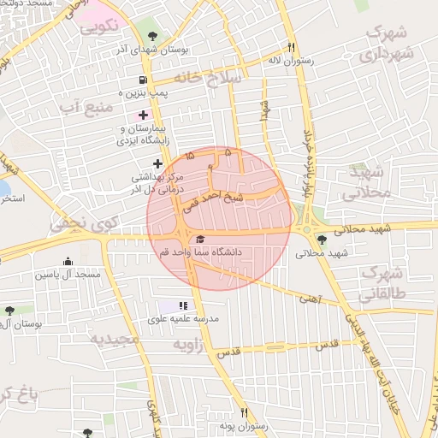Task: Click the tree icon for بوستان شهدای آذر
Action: pos(152,37)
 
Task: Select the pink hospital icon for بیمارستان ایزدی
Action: pos(143,114)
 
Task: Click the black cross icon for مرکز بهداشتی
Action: pos(157,163)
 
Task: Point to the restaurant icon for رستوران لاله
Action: pos(292,48)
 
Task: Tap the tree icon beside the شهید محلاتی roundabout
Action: pos(321,240)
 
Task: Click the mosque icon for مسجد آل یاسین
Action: pos(68,262)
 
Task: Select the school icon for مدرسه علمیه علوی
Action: pos(182,305)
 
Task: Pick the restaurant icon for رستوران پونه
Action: pos(244,412)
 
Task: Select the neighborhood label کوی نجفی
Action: pos(76,224)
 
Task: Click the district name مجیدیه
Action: pos(115,339)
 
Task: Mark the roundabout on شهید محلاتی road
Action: pos(305,228)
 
